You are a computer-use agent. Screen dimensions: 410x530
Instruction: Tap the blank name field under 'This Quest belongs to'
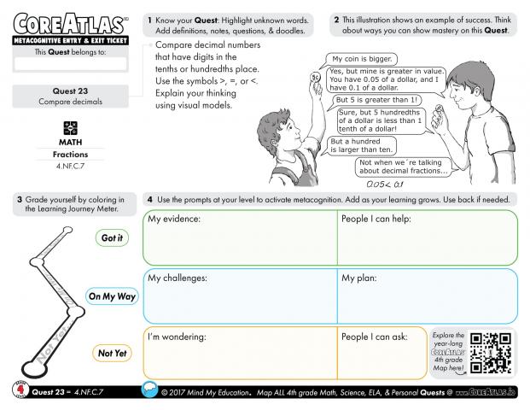70,63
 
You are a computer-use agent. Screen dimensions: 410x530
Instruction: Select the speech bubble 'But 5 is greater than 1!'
373,99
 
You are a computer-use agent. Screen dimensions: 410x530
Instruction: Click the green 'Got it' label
111,237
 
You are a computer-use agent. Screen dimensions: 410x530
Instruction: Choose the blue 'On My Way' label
112,296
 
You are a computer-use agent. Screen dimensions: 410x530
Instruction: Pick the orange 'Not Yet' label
111,352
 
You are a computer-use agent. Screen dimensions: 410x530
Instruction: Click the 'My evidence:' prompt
174,220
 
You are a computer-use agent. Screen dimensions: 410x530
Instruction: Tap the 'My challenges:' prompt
178,278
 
